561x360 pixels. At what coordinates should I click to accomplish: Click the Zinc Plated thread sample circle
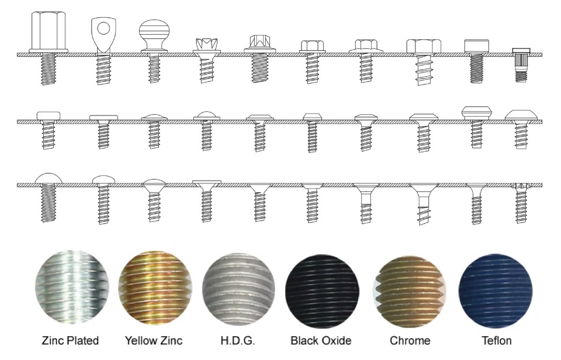(72, 288)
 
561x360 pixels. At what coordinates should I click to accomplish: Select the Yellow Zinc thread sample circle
(155, 288)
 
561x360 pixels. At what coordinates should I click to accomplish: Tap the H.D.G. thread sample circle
(238, 289)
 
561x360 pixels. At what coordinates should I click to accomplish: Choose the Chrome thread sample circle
(410, 292)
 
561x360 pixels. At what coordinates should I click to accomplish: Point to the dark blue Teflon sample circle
(496, 291)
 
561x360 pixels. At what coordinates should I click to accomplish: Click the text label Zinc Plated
(70, 341)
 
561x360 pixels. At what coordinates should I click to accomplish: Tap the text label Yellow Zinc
(154, 341)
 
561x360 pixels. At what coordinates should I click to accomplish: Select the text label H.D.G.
(237, 341)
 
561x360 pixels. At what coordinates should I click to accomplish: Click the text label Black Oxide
(321, 341)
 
